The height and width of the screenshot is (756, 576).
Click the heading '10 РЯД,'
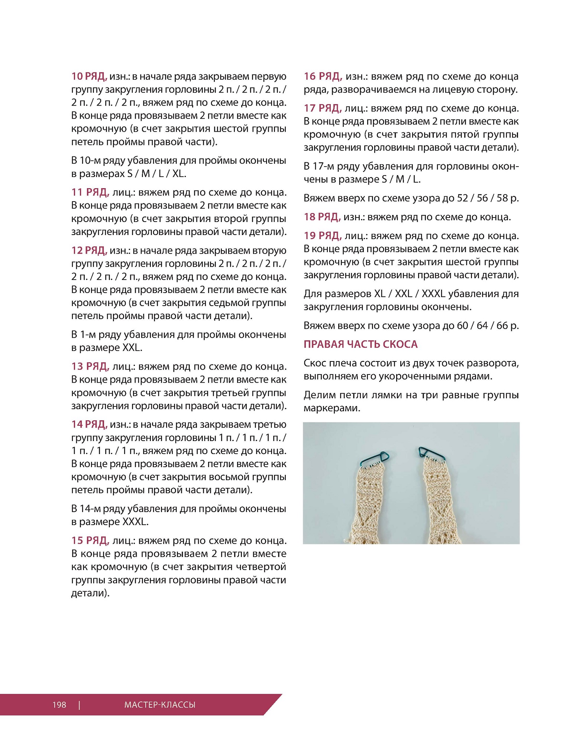[x=89, y=77]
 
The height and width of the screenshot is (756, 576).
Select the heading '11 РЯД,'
[x=90, y=192]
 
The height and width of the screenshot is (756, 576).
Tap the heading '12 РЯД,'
[x=89, y=250]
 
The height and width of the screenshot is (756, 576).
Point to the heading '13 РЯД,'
[x=90, y=366]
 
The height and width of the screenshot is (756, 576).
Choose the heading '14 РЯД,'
[x=89, y=424]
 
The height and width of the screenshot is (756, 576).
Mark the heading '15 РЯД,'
[x=90, y=540]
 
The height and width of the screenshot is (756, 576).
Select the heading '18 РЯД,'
[x=322, y=217]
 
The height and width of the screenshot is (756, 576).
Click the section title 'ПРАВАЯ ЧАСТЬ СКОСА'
[x=360, y=344]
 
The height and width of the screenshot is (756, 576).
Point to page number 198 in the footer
[x=59, y=705]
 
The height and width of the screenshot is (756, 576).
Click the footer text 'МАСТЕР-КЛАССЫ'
[x=160, y=705]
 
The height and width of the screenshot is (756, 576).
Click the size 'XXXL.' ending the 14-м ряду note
[x=135, y=522]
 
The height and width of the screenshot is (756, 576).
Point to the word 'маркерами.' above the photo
[x=332, y=408]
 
